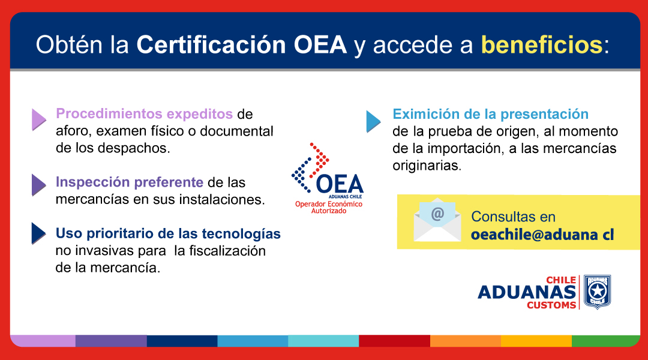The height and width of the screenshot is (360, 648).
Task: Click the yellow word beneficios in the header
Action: (541, 44)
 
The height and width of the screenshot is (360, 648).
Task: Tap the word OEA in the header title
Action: (320, 44)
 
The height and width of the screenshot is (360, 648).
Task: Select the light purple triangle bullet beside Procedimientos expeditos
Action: (39, 120)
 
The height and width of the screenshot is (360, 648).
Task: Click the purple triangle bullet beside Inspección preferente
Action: (39, 185)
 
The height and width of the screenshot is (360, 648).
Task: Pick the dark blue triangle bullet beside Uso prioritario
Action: (39, 233)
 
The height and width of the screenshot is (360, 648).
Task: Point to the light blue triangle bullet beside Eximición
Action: (374, 122)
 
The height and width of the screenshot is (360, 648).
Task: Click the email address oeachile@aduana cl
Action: (542, 235)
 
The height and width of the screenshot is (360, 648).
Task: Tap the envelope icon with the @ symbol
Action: (437, 220)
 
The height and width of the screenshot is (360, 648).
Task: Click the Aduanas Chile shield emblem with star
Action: (597, 292)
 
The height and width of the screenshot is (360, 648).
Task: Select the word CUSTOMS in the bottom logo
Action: (551, 305)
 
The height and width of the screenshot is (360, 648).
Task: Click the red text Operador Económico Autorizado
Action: (329, 207)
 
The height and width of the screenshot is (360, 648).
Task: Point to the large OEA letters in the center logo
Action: (340, 184)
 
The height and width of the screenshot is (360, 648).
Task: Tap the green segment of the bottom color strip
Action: (606, 341)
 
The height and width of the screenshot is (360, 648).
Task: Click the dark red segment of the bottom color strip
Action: (395, 341)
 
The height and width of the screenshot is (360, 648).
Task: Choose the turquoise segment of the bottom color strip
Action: (323, 341)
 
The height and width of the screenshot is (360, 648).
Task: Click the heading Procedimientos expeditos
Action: (144, 113)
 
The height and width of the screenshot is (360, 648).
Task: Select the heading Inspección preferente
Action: (130, 182)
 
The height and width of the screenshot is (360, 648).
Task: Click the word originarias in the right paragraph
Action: (427, 166)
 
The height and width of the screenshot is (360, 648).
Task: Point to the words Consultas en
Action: (513, 217)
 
